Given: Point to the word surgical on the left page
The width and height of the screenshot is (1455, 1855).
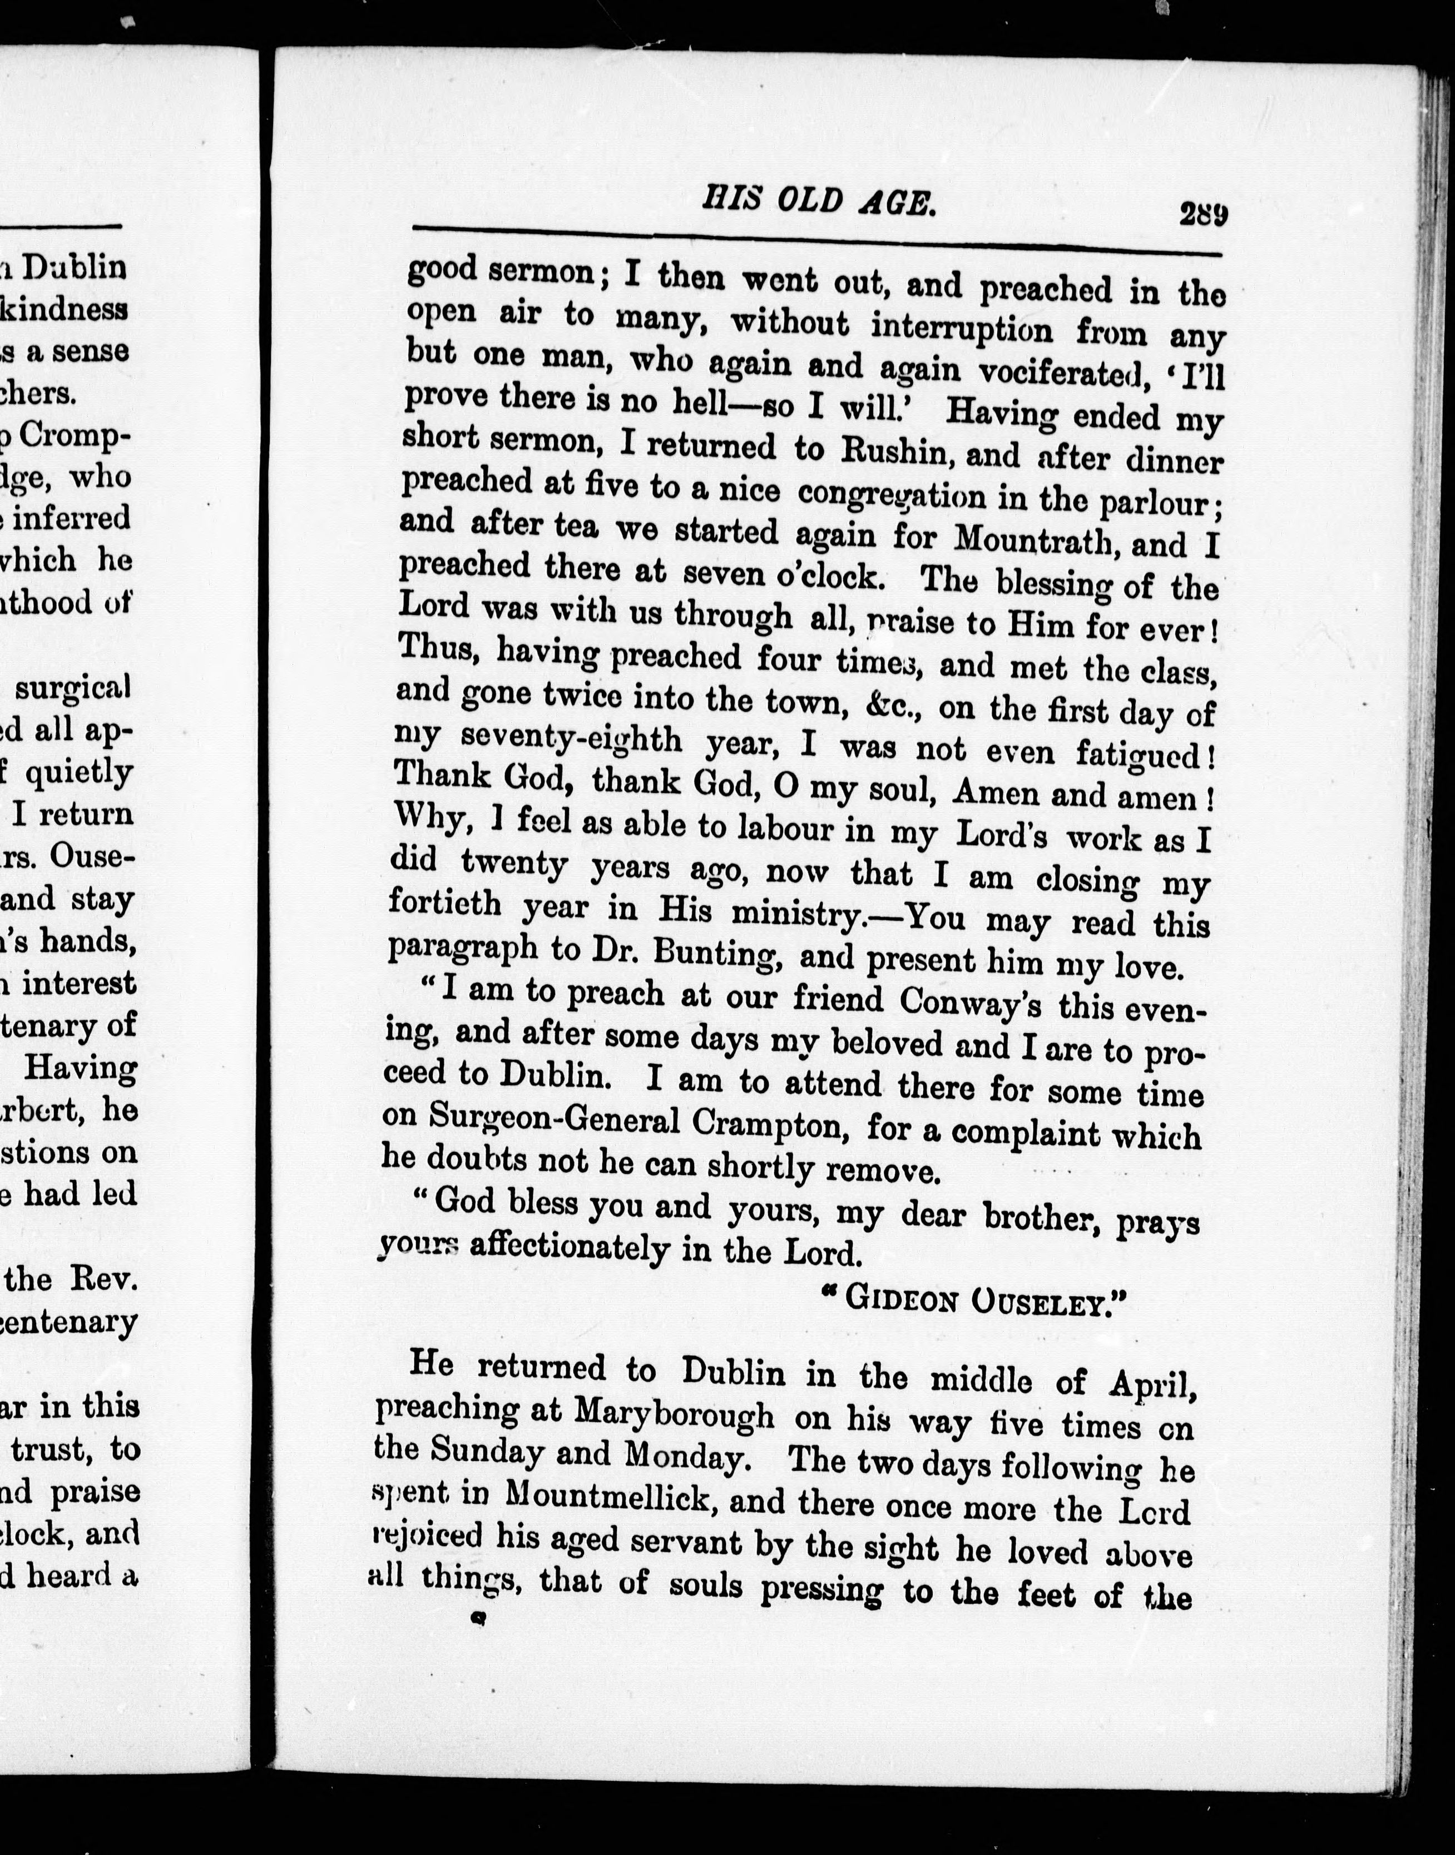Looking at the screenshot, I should (72, 687).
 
